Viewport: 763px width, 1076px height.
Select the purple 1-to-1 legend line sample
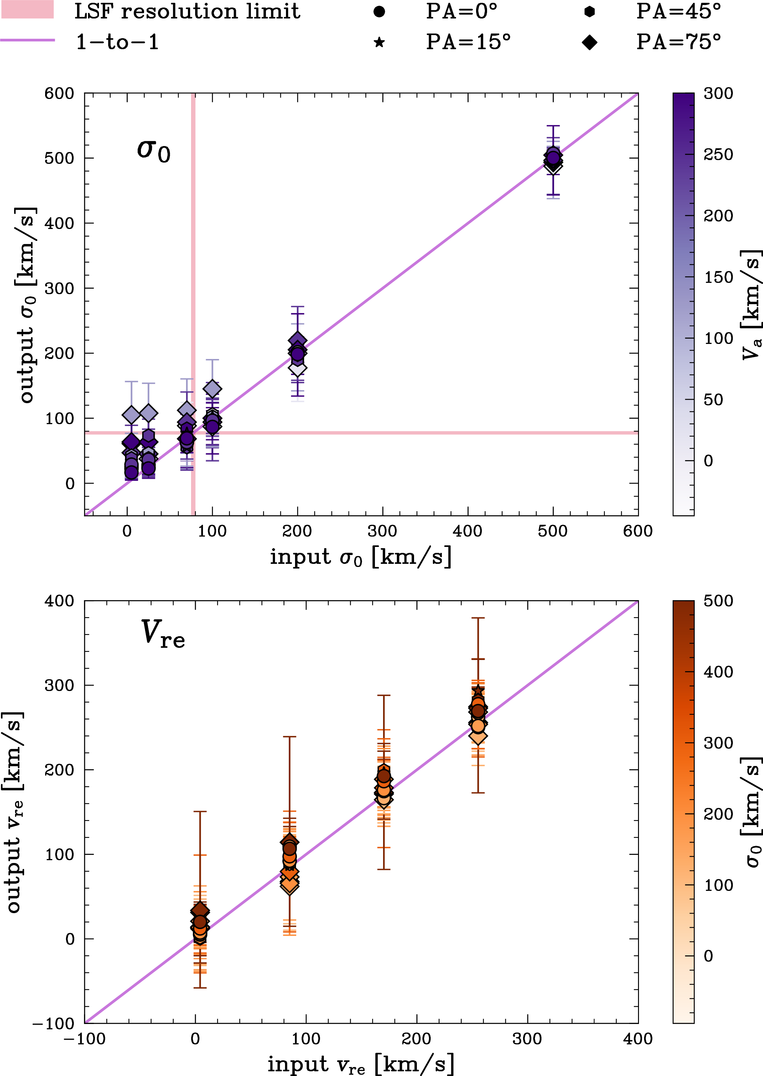27,40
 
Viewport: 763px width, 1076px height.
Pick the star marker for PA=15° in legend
379,42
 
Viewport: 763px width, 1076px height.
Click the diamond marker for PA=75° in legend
589,42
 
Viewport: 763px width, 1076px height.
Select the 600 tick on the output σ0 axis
59,93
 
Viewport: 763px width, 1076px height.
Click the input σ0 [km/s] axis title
360,557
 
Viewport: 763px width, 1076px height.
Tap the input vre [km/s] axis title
360,1064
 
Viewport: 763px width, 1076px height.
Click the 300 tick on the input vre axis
527,1039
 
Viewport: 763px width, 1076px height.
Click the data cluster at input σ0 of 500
553,159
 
